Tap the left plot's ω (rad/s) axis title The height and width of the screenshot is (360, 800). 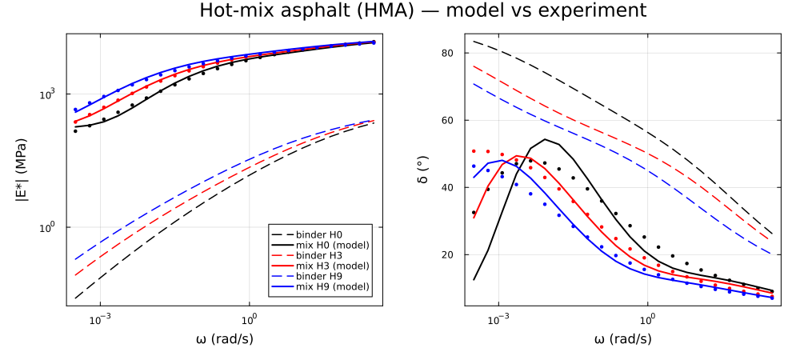tap(225, 338)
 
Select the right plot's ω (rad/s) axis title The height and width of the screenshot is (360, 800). tap(622, 338)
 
